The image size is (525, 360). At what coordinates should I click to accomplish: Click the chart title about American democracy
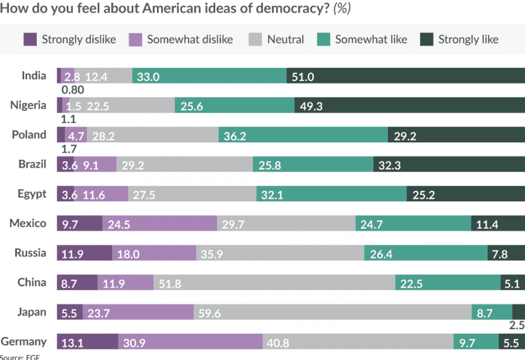click(175, 9)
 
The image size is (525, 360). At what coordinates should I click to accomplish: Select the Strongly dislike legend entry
click(69, 40)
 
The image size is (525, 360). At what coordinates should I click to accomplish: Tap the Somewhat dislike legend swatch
click(137, 40)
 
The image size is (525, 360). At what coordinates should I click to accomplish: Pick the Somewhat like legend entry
click(362, 40)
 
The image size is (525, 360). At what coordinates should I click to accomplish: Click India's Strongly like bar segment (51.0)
click(405, 76)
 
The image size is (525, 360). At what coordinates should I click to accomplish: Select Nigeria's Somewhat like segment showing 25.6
click(235, 106)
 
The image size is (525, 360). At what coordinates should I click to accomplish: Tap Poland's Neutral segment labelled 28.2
click(153, 135)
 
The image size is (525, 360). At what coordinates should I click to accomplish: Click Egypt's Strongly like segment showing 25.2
click(466, 194)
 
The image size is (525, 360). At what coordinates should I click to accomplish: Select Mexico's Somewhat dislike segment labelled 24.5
click(160, 224)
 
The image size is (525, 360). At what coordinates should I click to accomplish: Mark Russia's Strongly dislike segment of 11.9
click(84, 254)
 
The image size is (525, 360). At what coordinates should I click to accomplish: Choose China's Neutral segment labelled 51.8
click(274, 284)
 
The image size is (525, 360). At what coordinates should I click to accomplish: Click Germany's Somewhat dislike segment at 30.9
click(190, 342)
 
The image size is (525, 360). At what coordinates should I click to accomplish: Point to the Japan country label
click(32, 312)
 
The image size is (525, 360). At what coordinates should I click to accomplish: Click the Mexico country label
click(28, 223)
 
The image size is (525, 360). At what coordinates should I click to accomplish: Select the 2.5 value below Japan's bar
click(516, 325)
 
